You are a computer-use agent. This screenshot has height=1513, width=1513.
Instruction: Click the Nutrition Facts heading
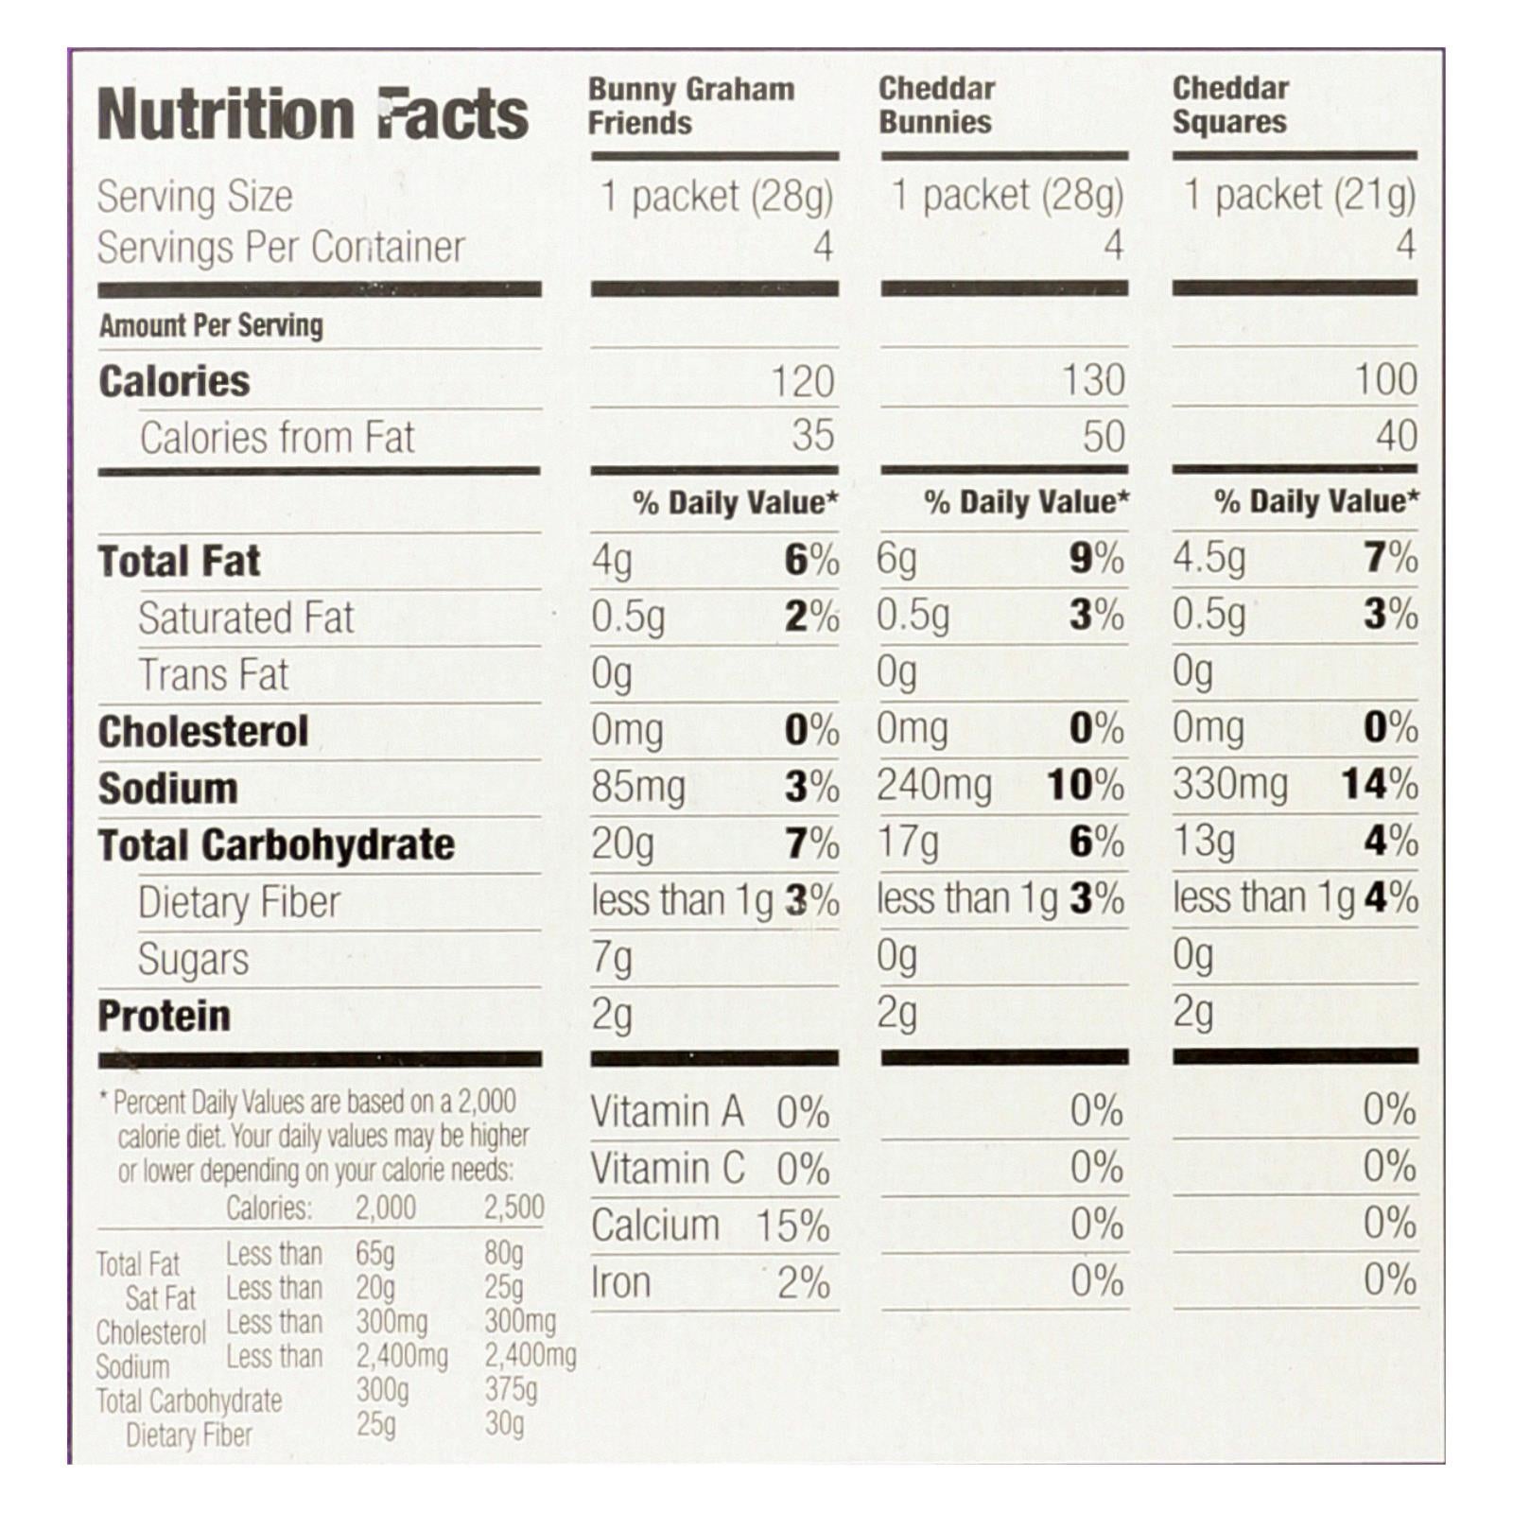pos(312,115)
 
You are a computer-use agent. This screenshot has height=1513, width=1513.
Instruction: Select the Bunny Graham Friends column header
pos(690,106)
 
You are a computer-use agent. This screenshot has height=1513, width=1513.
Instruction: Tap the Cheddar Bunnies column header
pos(936,105)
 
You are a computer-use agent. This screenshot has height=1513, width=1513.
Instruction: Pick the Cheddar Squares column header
pos(1230,105)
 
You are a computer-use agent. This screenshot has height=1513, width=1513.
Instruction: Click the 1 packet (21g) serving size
pos(1299,196)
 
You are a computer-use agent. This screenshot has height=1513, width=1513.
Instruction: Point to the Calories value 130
pos(1093,380)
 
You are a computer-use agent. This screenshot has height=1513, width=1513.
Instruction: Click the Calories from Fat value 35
pos(813,436)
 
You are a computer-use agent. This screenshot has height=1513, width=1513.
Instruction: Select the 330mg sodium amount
pos(1230,785)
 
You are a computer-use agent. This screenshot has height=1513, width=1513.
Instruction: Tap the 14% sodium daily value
pos(1379,785)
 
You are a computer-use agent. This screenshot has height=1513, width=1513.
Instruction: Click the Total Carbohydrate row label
pos(276,845)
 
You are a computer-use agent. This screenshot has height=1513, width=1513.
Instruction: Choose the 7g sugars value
pos(612,959)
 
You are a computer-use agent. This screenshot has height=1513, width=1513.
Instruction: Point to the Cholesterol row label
pos(203,732)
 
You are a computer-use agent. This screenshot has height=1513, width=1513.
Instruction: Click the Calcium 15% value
pos(791,1226)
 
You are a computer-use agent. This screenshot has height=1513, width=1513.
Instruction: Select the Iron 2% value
pos(804,1283)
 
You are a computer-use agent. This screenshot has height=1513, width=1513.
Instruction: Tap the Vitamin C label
pos(668,1170)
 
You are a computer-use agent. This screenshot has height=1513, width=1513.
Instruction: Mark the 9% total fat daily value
pos(1096,558)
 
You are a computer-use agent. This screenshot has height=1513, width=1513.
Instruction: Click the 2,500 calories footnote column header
pos(514,1208)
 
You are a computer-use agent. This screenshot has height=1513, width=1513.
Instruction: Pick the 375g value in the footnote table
pos(511,1389)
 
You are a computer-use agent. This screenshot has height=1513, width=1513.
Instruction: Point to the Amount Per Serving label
pos(211,325)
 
